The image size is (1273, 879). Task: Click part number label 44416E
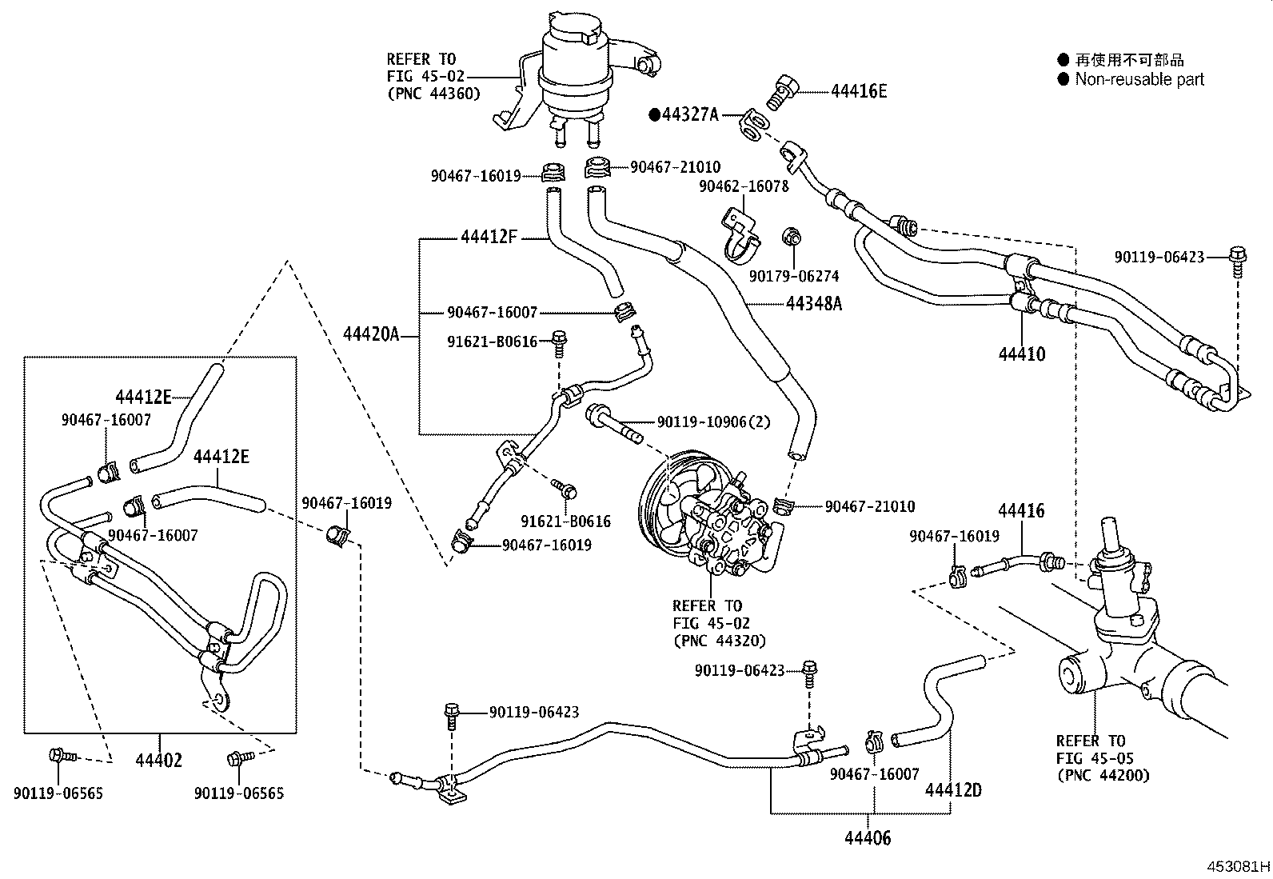858,91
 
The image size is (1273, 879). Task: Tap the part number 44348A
814,304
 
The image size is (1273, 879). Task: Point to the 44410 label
1021,354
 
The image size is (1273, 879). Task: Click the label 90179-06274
794,276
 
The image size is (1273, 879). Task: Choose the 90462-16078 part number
744,186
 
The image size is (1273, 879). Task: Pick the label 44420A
371,334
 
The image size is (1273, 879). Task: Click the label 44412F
489,237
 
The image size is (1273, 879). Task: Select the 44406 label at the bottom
868,838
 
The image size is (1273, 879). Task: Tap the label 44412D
953,790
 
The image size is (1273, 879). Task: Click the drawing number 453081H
1239,867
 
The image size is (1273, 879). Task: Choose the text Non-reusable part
1139,79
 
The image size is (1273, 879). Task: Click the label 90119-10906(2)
713,422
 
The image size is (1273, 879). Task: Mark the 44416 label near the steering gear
1021,510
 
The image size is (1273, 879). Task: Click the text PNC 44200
1103,774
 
